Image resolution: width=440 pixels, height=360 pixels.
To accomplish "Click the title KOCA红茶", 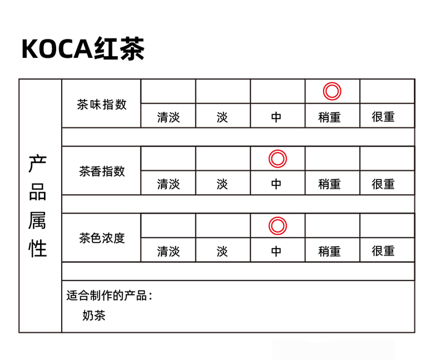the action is point(83,48).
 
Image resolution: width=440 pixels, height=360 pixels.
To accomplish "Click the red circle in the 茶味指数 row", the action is point(332,83).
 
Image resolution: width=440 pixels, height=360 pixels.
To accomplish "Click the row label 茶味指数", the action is point(101,104).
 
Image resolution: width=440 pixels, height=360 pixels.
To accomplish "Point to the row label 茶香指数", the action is point(101,171).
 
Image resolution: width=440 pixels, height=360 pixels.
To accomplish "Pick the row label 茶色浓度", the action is point(101,239).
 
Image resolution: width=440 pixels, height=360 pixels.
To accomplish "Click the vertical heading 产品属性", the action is point(38,206).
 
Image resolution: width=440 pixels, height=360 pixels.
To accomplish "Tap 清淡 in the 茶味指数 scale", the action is point(168,117).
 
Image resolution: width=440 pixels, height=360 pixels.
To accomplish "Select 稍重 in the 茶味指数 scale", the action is point(329,117).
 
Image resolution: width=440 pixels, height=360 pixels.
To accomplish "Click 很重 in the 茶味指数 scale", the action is point(383,117).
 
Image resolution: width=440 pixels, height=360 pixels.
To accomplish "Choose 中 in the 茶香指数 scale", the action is point(276,184).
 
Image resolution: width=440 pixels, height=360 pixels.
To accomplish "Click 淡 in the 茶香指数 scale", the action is point(222,184).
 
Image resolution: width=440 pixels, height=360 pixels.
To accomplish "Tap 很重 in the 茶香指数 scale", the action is point(383,184).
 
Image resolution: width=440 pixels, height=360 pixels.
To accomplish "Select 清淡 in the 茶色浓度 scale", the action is point(168,251).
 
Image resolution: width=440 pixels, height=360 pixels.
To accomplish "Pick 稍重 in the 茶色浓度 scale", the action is point(329,251).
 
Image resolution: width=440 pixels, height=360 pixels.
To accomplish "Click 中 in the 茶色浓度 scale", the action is point(276,251).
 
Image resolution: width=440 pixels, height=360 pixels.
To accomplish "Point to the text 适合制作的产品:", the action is point(109,296).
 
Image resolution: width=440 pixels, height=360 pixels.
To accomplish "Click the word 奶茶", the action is point(94,315).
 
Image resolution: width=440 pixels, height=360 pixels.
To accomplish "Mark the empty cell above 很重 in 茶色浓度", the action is point(387,226).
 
